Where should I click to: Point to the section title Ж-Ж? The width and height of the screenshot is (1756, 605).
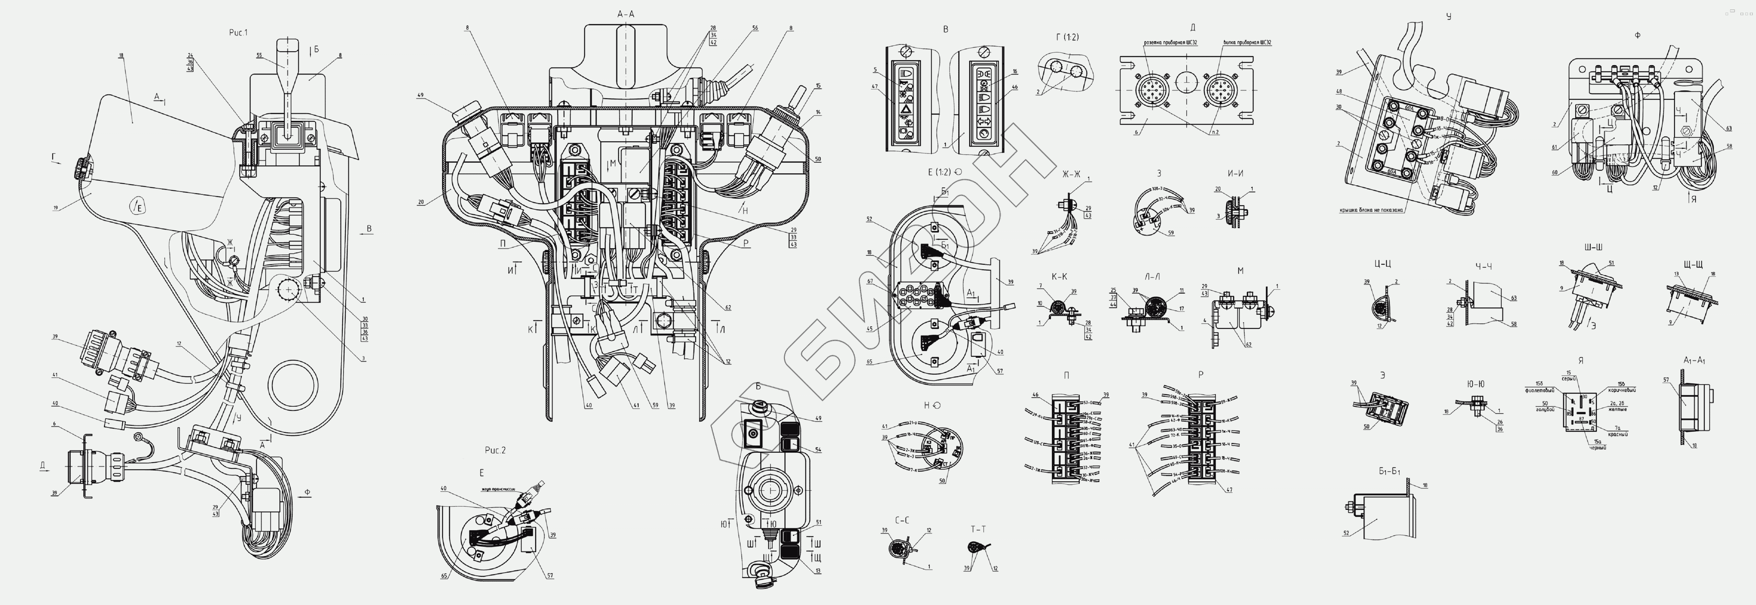pyautogui.click(x=1071, y=174)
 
